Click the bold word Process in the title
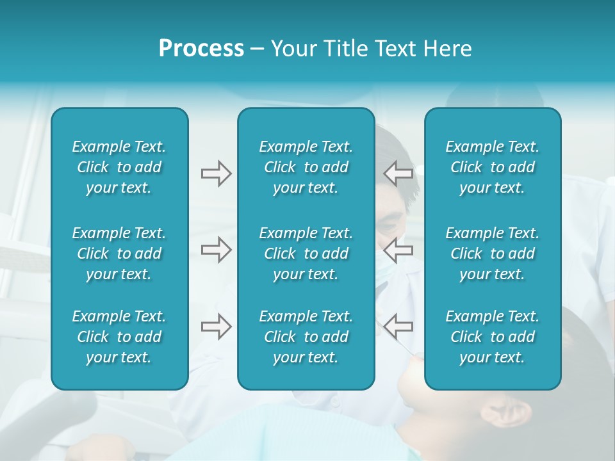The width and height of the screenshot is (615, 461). click(201, 49)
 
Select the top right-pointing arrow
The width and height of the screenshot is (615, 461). click(216, 174)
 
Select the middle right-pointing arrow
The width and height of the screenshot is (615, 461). click(216, 250)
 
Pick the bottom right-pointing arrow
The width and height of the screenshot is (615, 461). click(216, 327)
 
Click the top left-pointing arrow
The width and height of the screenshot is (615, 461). click(398, 174)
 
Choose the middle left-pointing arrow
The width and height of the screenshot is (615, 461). click(398, 250)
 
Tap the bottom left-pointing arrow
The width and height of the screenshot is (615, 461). click(398, 327)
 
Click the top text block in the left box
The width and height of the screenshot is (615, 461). click(119, 167)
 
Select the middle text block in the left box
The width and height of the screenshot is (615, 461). click(119, 254)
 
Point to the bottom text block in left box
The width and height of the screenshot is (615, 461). click(119, 337)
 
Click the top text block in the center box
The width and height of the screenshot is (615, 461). click(306, 167)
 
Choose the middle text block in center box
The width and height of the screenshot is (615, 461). click(306, 254)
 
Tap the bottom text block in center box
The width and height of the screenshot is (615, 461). click(306, 337)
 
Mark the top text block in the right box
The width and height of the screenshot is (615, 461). click(492, 167)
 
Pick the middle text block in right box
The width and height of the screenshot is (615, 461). click(492, 254)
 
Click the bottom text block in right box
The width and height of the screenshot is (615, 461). click(492, 337)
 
